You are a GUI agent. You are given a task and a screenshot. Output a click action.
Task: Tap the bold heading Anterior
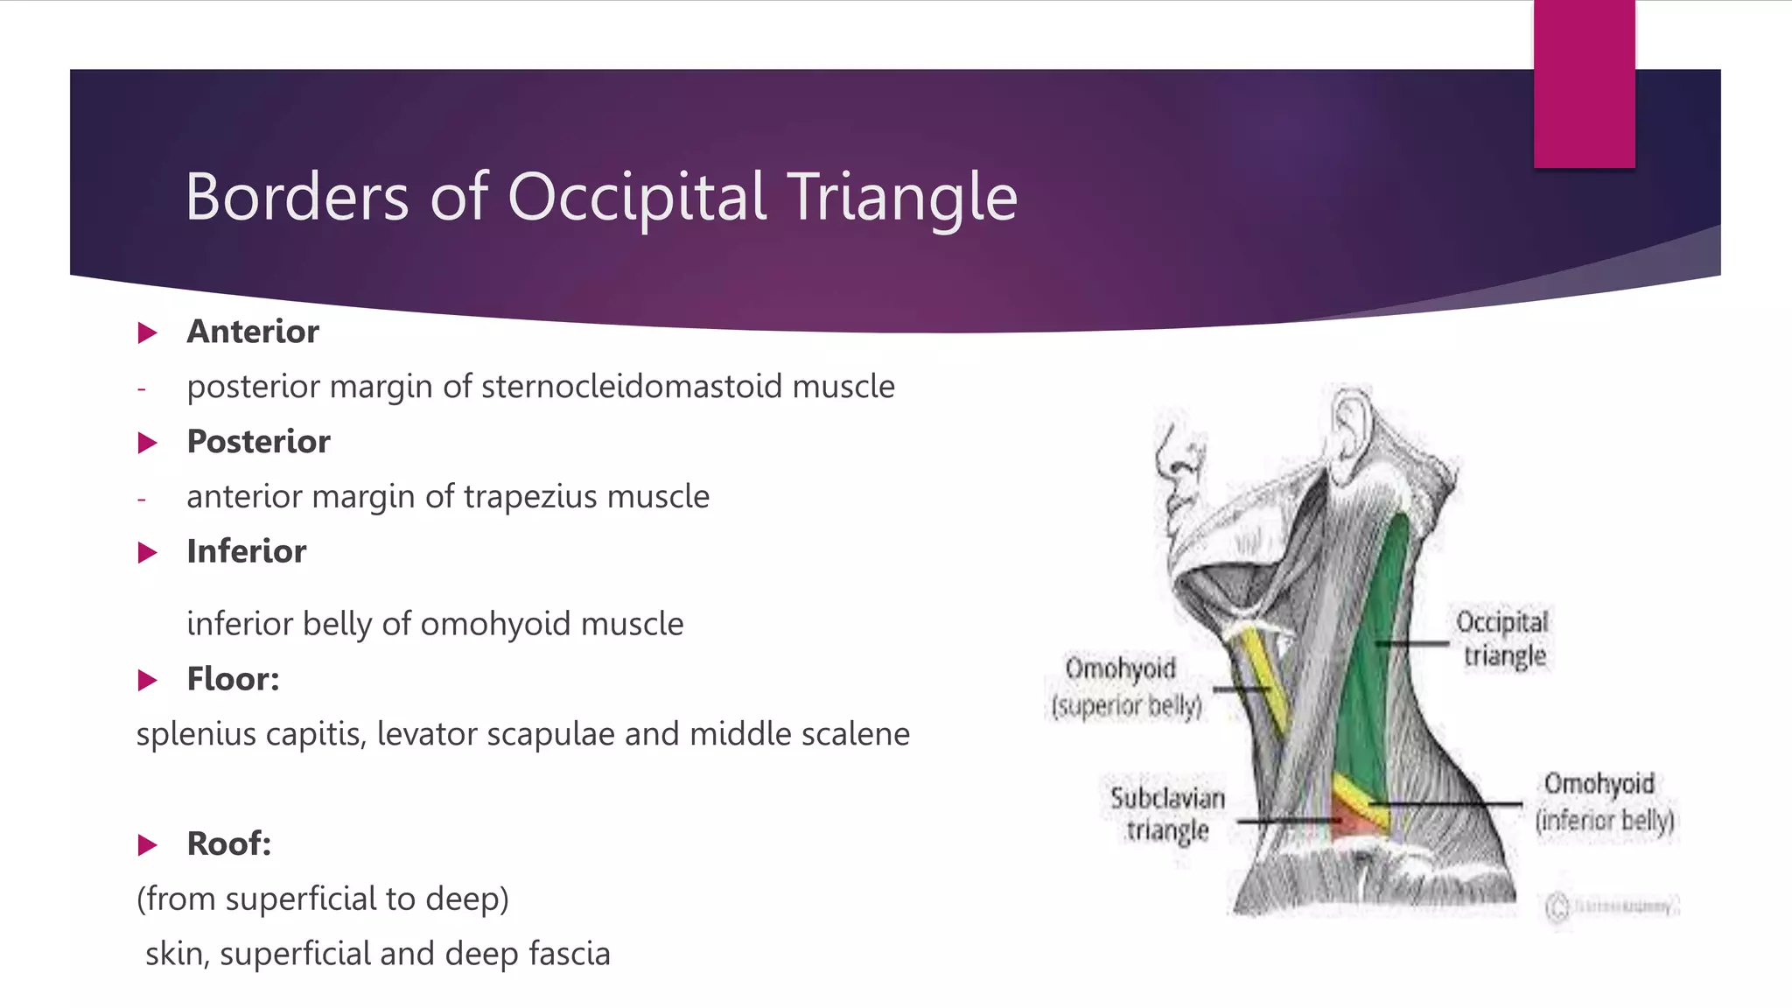(253, 332)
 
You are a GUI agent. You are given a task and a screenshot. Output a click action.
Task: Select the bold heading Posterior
(258, 442)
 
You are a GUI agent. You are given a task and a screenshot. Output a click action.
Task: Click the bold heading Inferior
(246, 552)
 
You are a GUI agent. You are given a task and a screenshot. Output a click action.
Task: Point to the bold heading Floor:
(233, 680)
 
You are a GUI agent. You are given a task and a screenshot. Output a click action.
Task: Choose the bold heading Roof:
(228, 844)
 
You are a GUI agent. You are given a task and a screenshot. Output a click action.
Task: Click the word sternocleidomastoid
(632, 387)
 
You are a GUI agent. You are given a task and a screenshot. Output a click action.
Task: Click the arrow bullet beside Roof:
(148, 845)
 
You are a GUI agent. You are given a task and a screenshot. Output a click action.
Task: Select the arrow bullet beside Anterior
(148, 333)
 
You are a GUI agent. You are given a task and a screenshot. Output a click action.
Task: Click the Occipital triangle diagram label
(1502, 639)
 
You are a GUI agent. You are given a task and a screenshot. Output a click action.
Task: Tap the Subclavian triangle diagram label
(1167, 814)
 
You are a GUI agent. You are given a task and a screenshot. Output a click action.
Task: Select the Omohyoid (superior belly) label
(1125, 687)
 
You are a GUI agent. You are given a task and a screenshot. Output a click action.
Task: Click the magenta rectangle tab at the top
(1584, 83)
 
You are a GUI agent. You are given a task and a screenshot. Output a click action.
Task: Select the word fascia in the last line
(570, 954)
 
